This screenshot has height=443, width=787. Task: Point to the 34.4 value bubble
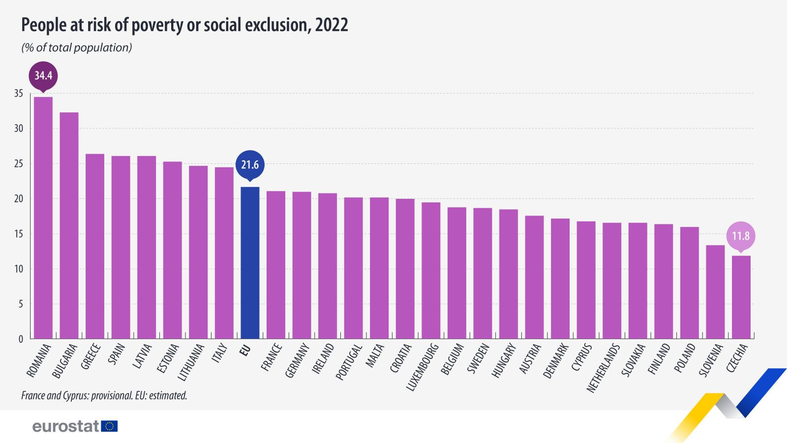43,75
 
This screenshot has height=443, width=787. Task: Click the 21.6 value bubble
250,164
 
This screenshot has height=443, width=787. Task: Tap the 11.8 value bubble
741,236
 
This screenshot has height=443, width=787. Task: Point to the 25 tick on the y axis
19,164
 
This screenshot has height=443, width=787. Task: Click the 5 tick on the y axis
21,304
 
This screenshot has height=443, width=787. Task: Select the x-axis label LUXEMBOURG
422,367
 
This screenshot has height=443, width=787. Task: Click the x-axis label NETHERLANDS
603,368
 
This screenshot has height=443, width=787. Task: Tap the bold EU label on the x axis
245,350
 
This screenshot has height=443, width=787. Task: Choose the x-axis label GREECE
91,357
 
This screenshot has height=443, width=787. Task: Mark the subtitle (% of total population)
77,48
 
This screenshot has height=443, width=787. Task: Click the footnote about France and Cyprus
104,395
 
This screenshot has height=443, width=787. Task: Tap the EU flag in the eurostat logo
109,426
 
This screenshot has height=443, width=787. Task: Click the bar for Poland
689,283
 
